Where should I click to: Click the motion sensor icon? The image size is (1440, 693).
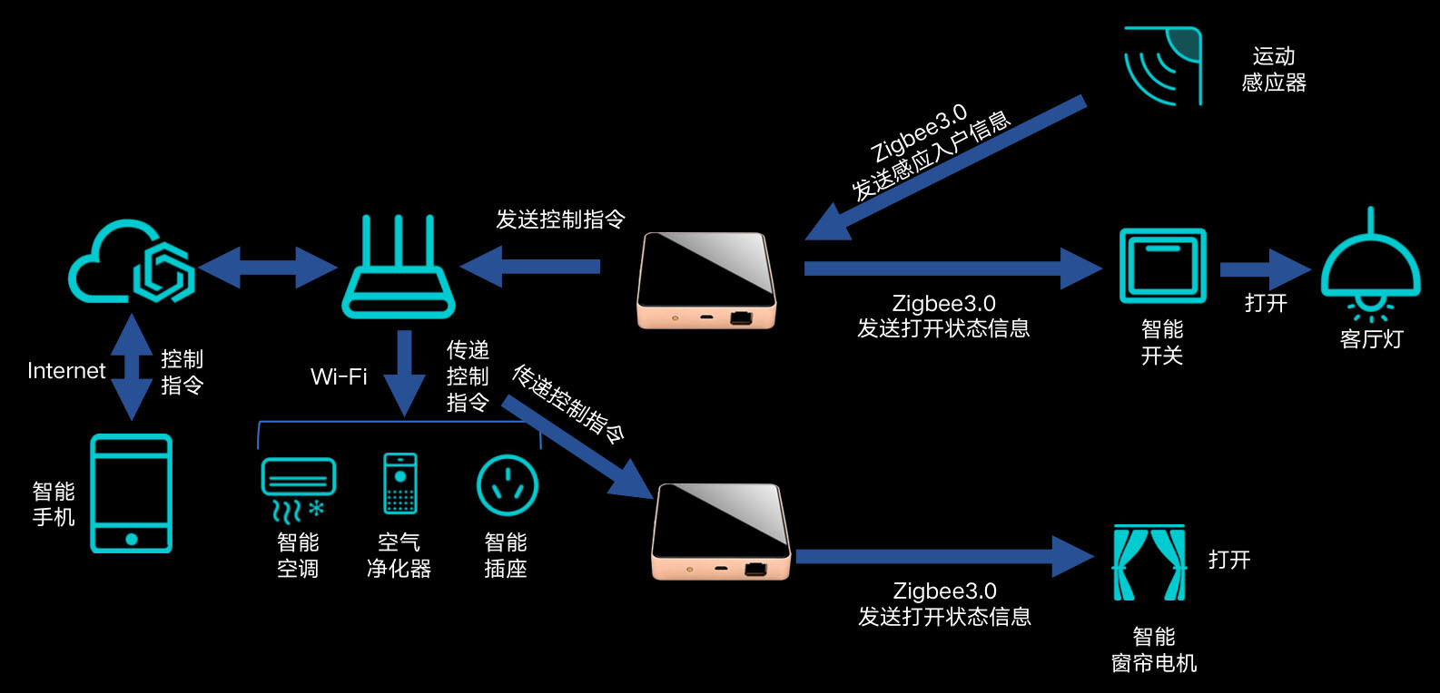point(1162,65)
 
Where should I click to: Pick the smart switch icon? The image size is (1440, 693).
point(1162,265)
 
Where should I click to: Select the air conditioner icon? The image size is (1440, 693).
point(298,488)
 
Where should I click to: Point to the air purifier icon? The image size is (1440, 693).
point(400,483)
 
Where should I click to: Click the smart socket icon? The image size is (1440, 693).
point(507,485)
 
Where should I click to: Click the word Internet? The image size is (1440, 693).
point(66,371)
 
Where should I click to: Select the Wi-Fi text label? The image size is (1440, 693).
point(339,376)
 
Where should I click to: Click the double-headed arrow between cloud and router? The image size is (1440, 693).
point(268,268)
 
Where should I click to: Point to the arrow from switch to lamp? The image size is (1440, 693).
point(1265,269)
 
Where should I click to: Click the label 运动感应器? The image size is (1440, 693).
point(1274,70)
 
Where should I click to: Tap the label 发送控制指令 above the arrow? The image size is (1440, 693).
point(560,220)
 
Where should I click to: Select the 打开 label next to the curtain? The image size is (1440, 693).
point(1229,560)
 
